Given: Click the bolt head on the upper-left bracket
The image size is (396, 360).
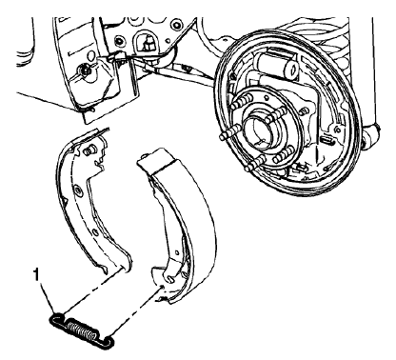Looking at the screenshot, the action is point(85,71).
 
